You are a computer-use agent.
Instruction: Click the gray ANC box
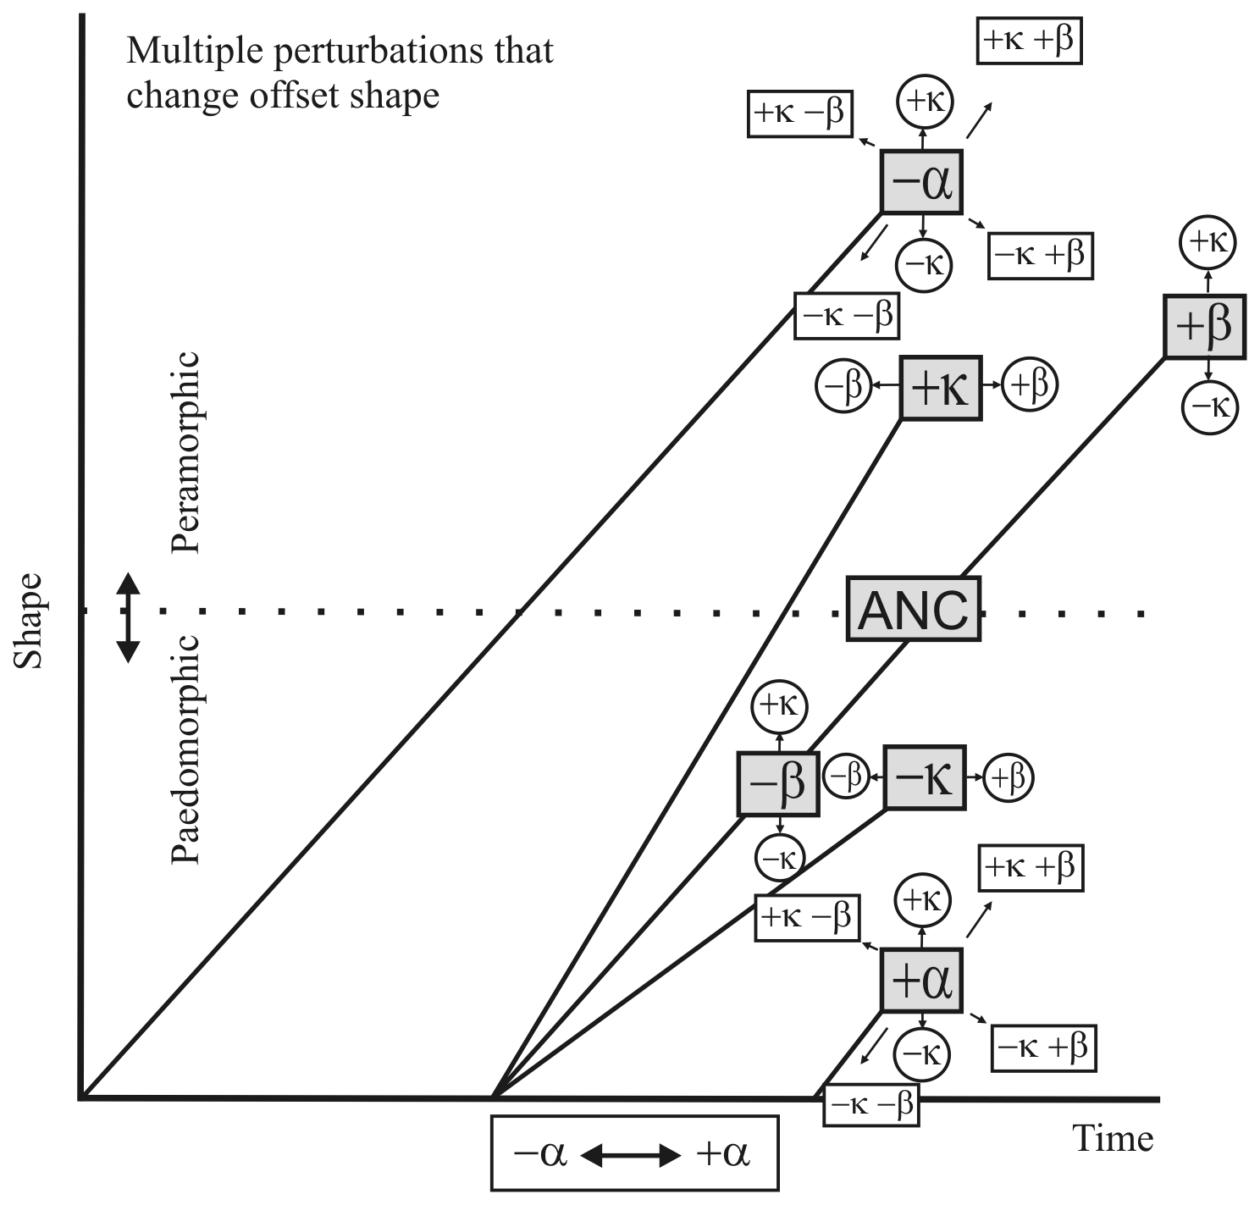[x=914, y=609]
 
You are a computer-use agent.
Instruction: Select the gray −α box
[x=922, y=181]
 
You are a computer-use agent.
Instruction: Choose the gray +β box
[x=1204, y=327]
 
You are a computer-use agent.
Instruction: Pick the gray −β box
[x=778, y=783]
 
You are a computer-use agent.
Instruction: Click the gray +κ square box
[x=940, y=389]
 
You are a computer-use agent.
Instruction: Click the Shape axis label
[x=30, y=621]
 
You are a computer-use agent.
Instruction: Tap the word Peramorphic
[x=185, y=452]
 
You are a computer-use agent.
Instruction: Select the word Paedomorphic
[x=185, y=749]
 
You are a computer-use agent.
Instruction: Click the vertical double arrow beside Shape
[x=127, y=617]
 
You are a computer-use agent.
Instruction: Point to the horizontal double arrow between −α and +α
[x=630, y=1154]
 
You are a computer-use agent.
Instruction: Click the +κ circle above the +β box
[x=1207, y=242]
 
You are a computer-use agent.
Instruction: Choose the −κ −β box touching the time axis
[x=870, y=1105]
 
